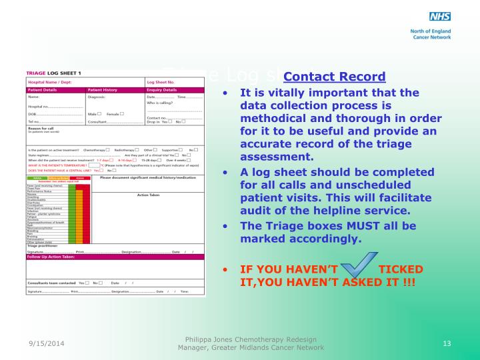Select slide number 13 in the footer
click(447, 343)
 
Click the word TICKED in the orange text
click(400, 269)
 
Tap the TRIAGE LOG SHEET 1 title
click(54, 73)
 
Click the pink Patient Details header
click(43, 89)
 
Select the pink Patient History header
click(103, 89)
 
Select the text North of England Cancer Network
click(431, 34)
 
